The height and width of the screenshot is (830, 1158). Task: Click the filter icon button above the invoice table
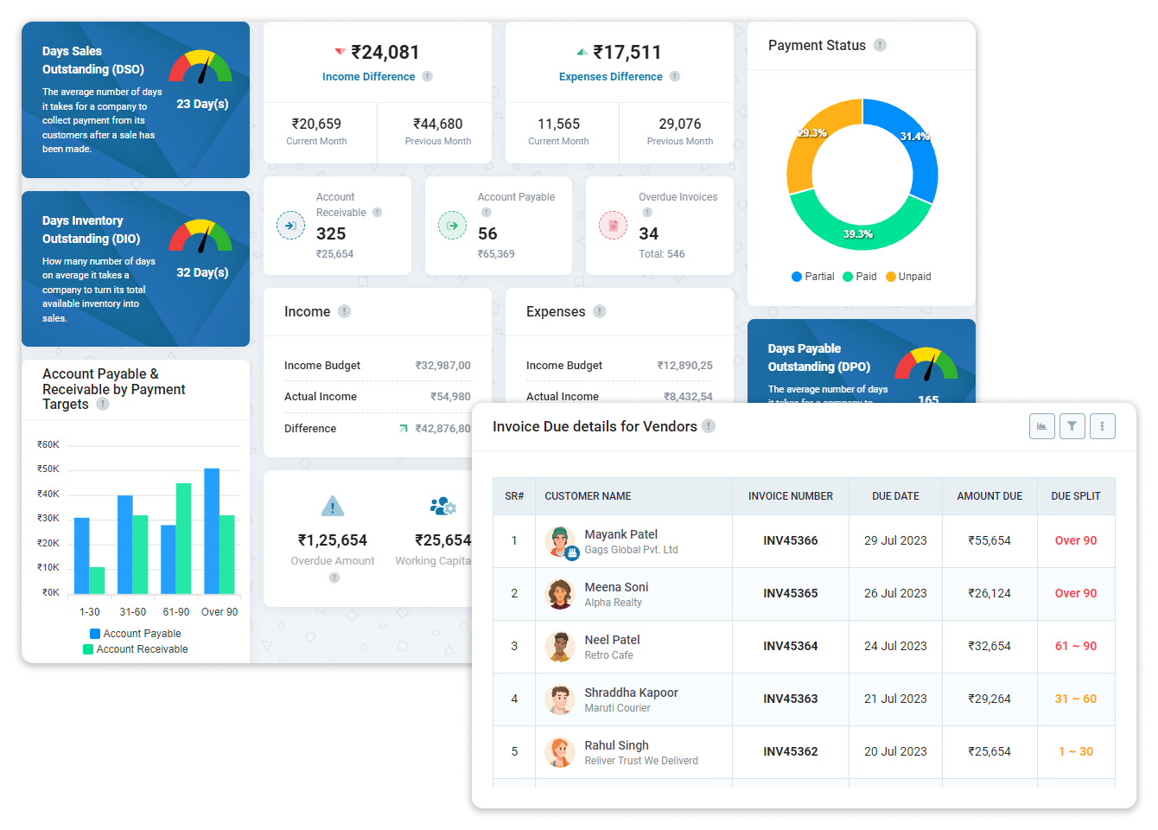point(1072,426)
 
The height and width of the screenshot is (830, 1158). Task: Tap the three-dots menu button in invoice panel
point(1102,426)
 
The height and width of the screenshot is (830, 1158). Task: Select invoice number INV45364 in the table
point(790,646)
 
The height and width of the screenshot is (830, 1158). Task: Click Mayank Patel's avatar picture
point(560,541)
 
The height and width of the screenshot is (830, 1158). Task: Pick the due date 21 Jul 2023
point(895,699)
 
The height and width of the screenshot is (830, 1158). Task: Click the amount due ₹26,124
point(989,593)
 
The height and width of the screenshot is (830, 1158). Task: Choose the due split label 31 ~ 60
point(1075,699)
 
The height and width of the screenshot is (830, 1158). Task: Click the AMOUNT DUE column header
point(989,496)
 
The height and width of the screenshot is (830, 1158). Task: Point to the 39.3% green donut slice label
point(858,234)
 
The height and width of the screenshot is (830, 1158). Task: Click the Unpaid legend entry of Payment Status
point(908,277)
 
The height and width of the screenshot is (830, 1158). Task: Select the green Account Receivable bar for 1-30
point(98,580)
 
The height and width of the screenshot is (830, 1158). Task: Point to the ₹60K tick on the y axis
point(48,444)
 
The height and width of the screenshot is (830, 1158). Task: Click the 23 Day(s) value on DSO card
point(202,104)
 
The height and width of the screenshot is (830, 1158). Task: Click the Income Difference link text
point(368,77)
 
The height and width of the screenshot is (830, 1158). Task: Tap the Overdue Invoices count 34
point(648,233)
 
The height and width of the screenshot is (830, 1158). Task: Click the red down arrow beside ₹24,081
point(340,52)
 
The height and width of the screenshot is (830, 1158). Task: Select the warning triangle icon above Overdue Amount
point(332,507)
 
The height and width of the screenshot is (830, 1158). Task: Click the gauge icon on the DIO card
point(200,236)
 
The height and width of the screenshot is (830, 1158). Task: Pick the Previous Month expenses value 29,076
point(679,124)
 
